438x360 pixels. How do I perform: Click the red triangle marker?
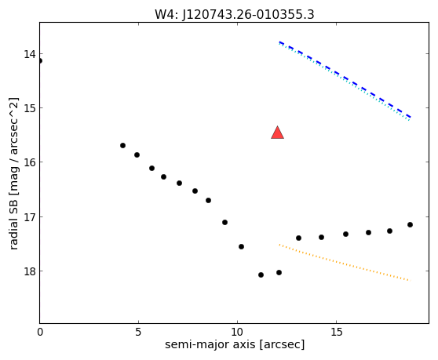(x=277, y=133)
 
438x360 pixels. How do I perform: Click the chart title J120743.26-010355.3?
(x=248, y=15)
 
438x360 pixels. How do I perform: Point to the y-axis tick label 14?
(x=30, y=54)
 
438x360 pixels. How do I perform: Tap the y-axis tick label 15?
(x=30, y=107)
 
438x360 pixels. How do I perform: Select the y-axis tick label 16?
(x=30, y=162)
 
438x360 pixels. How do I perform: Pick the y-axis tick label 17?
(x=30, y=216)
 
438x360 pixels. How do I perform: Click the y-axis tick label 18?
(x=30, y=271)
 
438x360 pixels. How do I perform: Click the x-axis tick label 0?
(x=40, y=332)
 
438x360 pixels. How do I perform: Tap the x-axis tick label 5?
(x=138, y=332)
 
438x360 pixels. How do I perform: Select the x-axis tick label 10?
(x=237, y=332)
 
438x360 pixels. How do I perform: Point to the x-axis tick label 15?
(x=336, y=332)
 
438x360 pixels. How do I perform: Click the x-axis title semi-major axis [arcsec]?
(x=235, y=344)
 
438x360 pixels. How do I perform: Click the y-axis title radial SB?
(x=13, y=225)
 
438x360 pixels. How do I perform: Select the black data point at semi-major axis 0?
(x=40, y=61)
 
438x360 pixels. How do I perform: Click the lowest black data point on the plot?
(x=261, y=275)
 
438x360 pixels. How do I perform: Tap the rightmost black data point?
(x=410, y=224)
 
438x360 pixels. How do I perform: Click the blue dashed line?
(x=345, y=79)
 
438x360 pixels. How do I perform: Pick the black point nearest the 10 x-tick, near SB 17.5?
(x=241, y=246)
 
